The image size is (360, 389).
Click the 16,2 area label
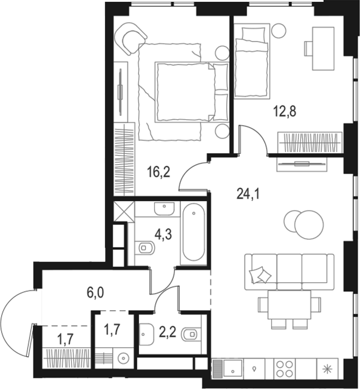coord(159,172)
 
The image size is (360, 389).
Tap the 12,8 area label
coord(285,111)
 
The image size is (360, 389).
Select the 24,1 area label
coord(248,194)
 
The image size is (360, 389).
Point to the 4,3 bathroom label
coord(163,234)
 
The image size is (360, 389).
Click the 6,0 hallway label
coord(96,293)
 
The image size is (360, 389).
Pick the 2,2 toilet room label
coord(168,332)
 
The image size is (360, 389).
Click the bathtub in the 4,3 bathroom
coord(193,232)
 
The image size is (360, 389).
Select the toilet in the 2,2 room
coord(191,334)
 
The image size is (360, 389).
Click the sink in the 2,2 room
coord(147,334)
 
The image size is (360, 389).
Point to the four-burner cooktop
coord(284,369)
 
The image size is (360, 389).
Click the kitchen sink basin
coord(233,369)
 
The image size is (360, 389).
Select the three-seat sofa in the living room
coord(289,271)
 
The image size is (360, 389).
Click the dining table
coord(289,305)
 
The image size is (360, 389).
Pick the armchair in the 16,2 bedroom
coord(131,39)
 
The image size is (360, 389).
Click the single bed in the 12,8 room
coord(252,61)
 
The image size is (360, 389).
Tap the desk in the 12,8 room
coord(323,49)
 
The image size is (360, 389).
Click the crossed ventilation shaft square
coord(124,211)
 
